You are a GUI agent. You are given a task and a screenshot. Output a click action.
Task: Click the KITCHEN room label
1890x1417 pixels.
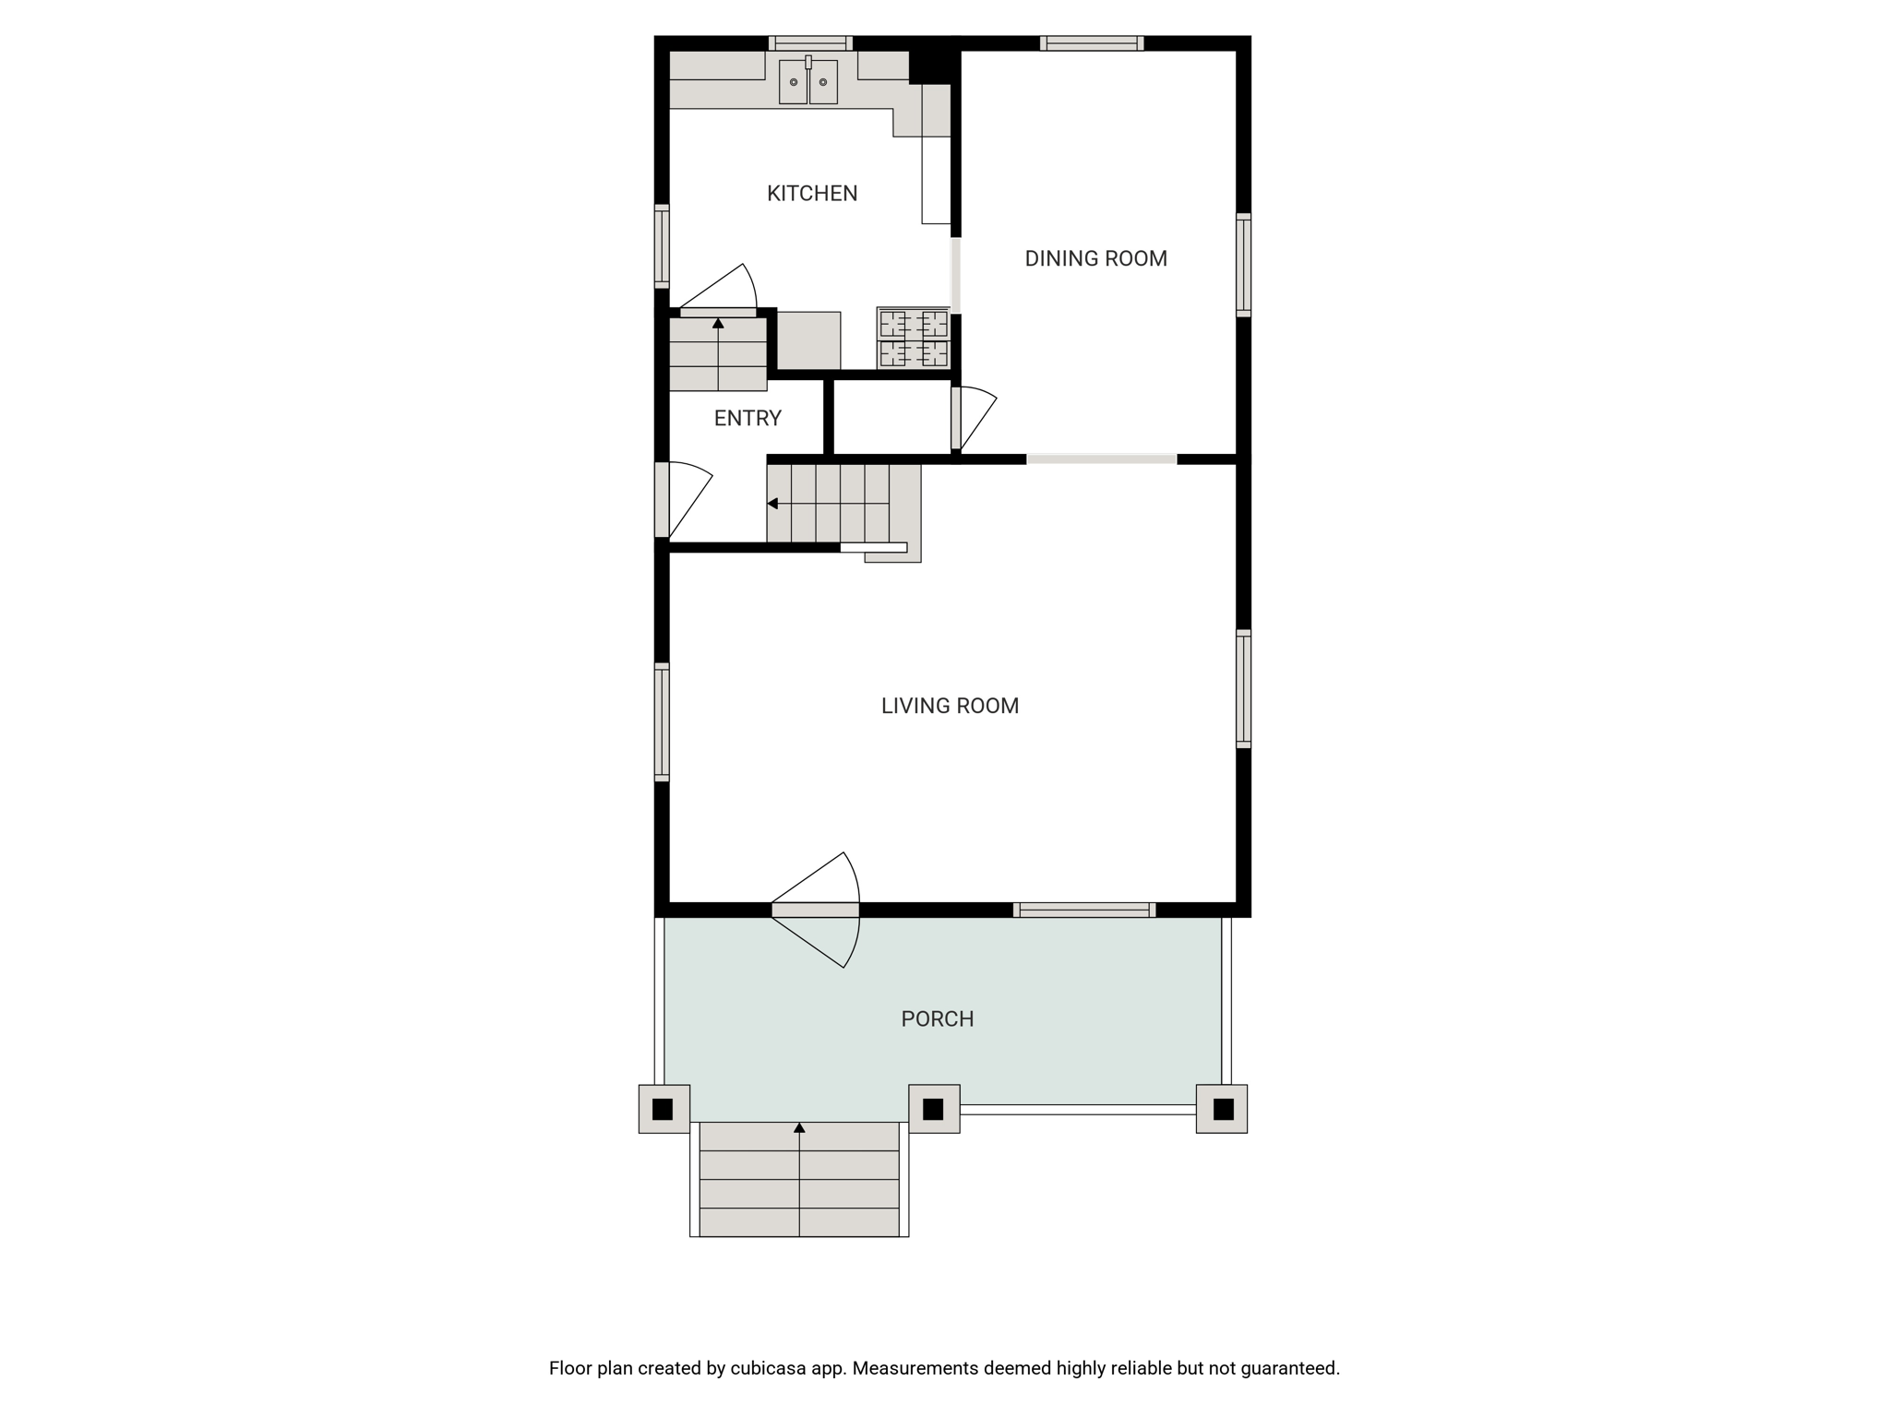812,193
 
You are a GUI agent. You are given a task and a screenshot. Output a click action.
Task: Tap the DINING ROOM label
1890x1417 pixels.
1095,258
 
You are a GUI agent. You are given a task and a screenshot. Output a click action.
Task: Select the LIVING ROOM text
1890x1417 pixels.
950,706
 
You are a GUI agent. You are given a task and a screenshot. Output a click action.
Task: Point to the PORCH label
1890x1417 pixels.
938,1018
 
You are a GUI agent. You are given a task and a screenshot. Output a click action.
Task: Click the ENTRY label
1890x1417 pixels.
748,418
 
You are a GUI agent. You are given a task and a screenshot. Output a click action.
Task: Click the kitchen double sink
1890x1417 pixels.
808,81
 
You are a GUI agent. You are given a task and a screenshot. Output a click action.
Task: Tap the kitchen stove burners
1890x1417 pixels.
914,339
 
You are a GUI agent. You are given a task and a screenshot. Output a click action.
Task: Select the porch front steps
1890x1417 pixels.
799,1179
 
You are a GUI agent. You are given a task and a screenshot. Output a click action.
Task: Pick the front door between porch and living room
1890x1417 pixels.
816,910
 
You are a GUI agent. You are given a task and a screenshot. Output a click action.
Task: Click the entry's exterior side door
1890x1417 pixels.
684,500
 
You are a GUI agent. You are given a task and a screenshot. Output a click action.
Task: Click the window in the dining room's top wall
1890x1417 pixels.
1092,43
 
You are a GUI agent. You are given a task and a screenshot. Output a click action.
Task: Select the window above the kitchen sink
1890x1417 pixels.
810,43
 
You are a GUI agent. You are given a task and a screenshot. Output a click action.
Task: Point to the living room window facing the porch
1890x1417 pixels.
1084,910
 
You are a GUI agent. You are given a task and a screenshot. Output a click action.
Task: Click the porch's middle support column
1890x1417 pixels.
934,1108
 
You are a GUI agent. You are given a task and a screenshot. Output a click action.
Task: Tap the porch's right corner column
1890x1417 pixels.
1222,1108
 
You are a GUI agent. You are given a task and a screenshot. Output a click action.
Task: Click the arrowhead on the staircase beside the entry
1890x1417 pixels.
772,504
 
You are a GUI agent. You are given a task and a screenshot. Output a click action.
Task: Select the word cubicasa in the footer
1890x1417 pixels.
770,1368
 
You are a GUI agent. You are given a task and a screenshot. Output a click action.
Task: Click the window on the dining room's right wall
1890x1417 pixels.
1243,265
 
